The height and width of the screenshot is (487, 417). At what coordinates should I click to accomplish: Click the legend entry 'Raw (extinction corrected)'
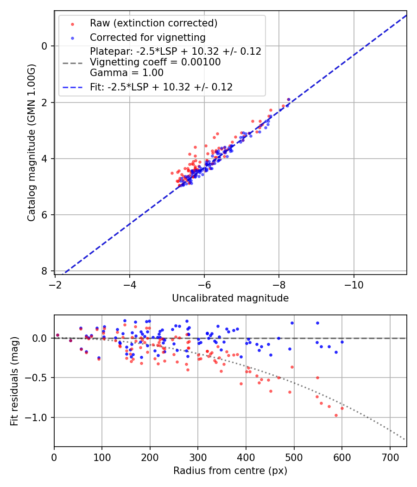153,23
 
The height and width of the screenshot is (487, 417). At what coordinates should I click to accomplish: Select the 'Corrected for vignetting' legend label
147,37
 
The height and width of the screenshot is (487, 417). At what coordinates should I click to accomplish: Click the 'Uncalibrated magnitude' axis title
230,298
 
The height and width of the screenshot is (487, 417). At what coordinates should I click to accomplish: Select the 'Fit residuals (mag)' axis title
14,380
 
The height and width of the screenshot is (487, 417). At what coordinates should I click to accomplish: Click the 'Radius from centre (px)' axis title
230,471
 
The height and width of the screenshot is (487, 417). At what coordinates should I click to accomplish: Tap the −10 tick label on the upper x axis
354,284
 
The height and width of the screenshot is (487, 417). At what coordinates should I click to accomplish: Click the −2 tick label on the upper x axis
56,284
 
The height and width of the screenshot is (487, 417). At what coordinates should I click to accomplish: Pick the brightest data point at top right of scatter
289,99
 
